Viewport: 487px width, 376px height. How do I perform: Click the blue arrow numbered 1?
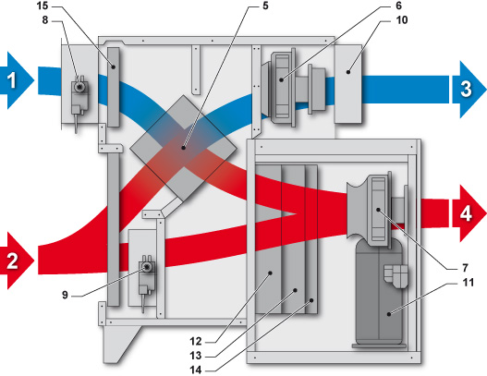tap(16, 80)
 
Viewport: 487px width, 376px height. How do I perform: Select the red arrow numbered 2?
tap(16, 261)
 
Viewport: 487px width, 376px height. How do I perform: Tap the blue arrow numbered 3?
tap(469, 89)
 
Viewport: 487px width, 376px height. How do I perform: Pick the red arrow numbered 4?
tap(469, 213)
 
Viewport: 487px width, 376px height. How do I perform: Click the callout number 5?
tap(265, 6)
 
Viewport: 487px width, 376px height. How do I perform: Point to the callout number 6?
tap(399, 6)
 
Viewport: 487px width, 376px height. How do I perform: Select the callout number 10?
tap(401, 20)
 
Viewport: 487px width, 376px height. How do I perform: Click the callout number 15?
tap(43, 6)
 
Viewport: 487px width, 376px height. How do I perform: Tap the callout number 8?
tap(45, 20)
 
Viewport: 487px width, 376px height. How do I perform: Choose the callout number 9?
tap(65, 295)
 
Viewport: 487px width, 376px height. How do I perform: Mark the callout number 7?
tap(465, 268)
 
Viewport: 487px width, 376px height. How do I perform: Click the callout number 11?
tap(468, 283)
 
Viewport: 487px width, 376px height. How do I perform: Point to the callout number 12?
tap(196, 341)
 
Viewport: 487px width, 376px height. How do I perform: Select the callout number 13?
tap(196, 356)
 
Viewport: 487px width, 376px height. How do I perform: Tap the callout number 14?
tap(196, 370)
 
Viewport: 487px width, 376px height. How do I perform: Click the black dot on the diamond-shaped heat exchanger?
tap(184, 148)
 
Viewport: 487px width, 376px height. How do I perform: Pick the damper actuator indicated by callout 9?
tap(146, 281)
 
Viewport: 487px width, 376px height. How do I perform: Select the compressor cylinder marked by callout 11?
tap(380, 292)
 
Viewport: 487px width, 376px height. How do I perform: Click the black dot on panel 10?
tap(348, 72)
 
